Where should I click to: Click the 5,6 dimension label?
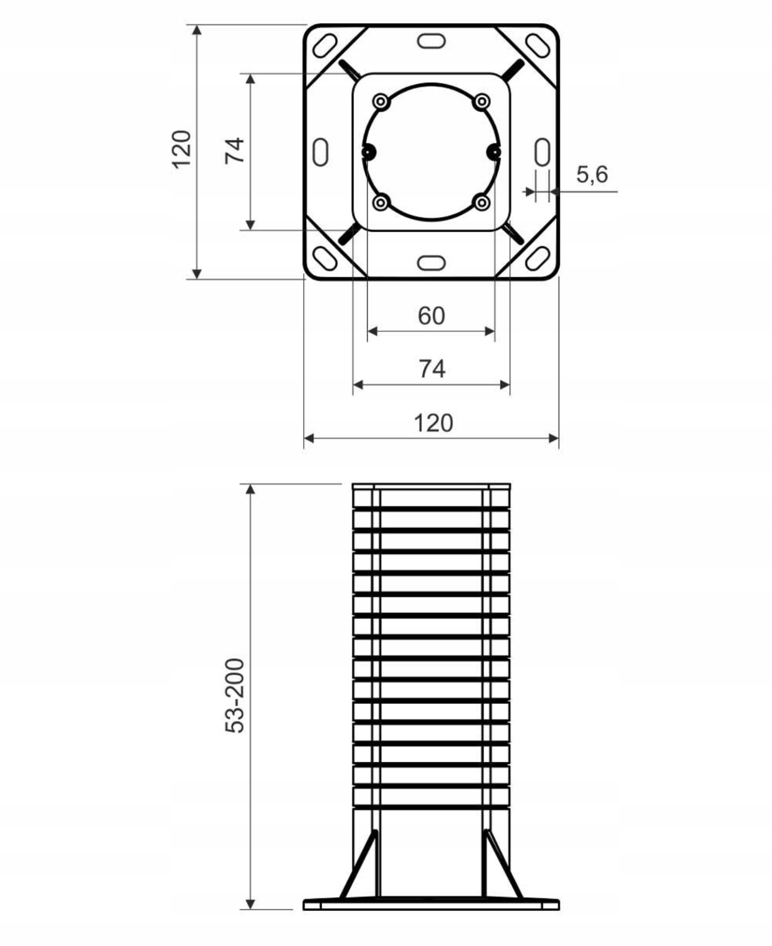coord(592,174)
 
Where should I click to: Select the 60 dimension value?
coord(431,316)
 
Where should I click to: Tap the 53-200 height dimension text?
coord(235,695)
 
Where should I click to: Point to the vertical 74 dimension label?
coord(234,150)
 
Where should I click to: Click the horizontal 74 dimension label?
coord(432,369)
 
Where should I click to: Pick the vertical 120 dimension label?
coord(181,149)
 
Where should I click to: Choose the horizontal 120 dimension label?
coord(433,423)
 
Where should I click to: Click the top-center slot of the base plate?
coord(431,41)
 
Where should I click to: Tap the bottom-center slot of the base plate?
coord(431,262)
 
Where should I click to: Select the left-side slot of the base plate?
coord(321,152)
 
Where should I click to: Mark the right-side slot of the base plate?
coord(542,152)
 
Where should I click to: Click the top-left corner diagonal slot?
coord(325,46)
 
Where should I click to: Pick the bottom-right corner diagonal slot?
coord(538,258)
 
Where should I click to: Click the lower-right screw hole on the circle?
coord(482,203)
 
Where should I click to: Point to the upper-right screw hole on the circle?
coord(482,102)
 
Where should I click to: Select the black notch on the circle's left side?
coord(369,152)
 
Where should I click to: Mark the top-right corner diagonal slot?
coord(538,46)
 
